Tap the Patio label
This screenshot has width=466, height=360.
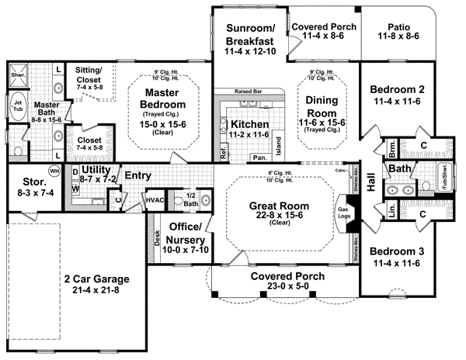(398, 26)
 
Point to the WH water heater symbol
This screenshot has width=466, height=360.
(54, 170)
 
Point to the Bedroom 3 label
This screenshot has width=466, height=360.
(397, 252)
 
